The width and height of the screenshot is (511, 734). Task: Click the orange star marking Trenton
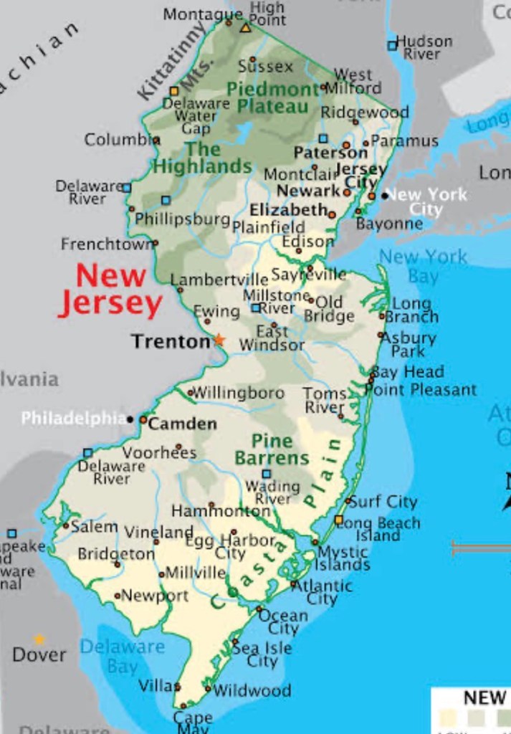click(219, 340)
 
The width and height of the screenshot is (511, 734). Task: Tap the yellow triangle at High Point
click(246, 28)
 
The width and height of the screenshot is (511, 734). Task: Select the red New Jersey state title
click(111, 290)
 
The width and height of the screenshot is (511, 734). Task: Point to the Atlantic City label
click(325, 592)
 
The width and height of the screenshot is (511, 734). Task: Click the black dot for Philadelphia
click(130, 419)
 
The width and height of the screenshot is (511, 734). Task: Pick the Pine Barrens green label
click(272, 449)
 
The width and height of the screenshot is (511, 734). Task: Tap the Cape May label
click(192, 721)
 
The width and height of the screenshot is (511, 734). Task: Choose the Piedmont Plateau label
click(273, 98)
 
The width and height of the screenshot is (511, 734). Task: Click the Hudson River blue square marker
click(392, 45)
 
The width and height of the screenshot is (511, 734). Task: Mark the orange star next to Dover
click(39, 639)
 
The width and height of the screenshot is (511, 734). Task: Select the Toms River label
click(325, 401)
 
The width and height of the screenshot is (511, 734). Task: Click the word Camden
click(182, 424)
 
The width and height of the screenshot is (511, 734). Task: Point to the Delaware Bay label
click(122, 656)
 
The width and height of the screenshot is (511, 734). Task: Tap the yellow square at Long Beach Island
click(338, 520)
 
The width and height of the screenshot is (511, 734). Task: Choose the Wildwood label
click(252, 691)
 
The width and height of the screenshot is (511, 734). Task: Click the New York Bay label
click(423, 265)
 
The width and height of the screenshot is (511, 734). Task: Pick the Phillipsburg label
click(182, 219)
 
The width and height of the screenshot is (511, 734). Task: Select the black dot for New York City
click(385, 195)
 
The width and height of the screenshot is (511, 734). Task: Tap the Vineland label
click(159, 533)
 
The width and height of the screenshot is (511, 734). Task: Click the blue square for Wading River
click(266, 474)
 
